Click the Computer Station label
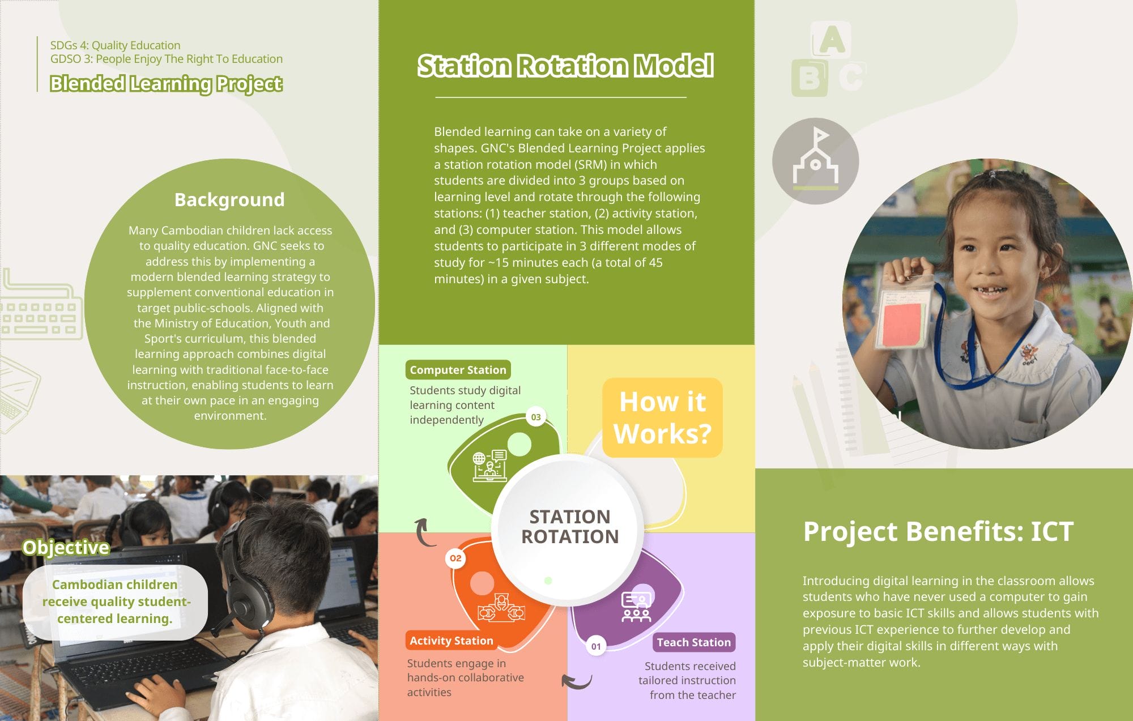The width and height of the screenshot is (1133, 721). click(x=458, y=370)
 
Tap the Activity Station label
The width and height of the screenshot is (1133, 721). click(x=451, y=641)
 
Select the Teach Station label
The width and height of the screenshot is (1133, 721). click(x=693, y=642)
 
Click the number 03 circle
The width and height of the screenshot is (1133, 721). click(x=535, y=417)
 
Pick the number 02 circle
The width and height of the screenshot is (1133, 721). click(x=455, y=558)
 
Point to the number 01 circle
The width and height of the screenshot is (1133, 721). click(x=596, y=646)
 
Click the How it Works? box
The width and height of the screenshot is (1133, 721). click(x=662, y=417)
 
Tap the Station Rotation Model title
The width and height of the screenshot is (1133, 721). click(x=565, y=66)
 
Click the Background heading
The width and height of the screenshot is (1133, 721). click(x=229, y=199)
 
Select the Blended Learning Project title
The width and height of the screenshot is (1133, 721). click(x=166, y=84)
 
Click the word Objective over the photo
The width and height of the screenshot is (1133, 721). click(x=66, y=547)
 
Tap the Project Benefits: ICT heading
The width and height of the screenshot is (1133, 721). click(x=938, y=531)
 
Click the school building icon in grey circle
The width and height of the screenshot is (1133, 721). click(x=815, y=161)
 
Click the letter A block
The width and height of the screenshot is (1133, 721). click(x=831, y=40)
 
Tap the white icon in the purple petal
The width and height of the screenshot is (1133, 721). click(x=636, y=607)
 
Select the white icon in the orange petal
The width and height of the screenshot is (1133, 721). click(x=501, y=608)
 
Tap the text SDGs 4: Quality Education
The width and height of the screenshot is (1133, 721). click(x=115, y=45)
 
